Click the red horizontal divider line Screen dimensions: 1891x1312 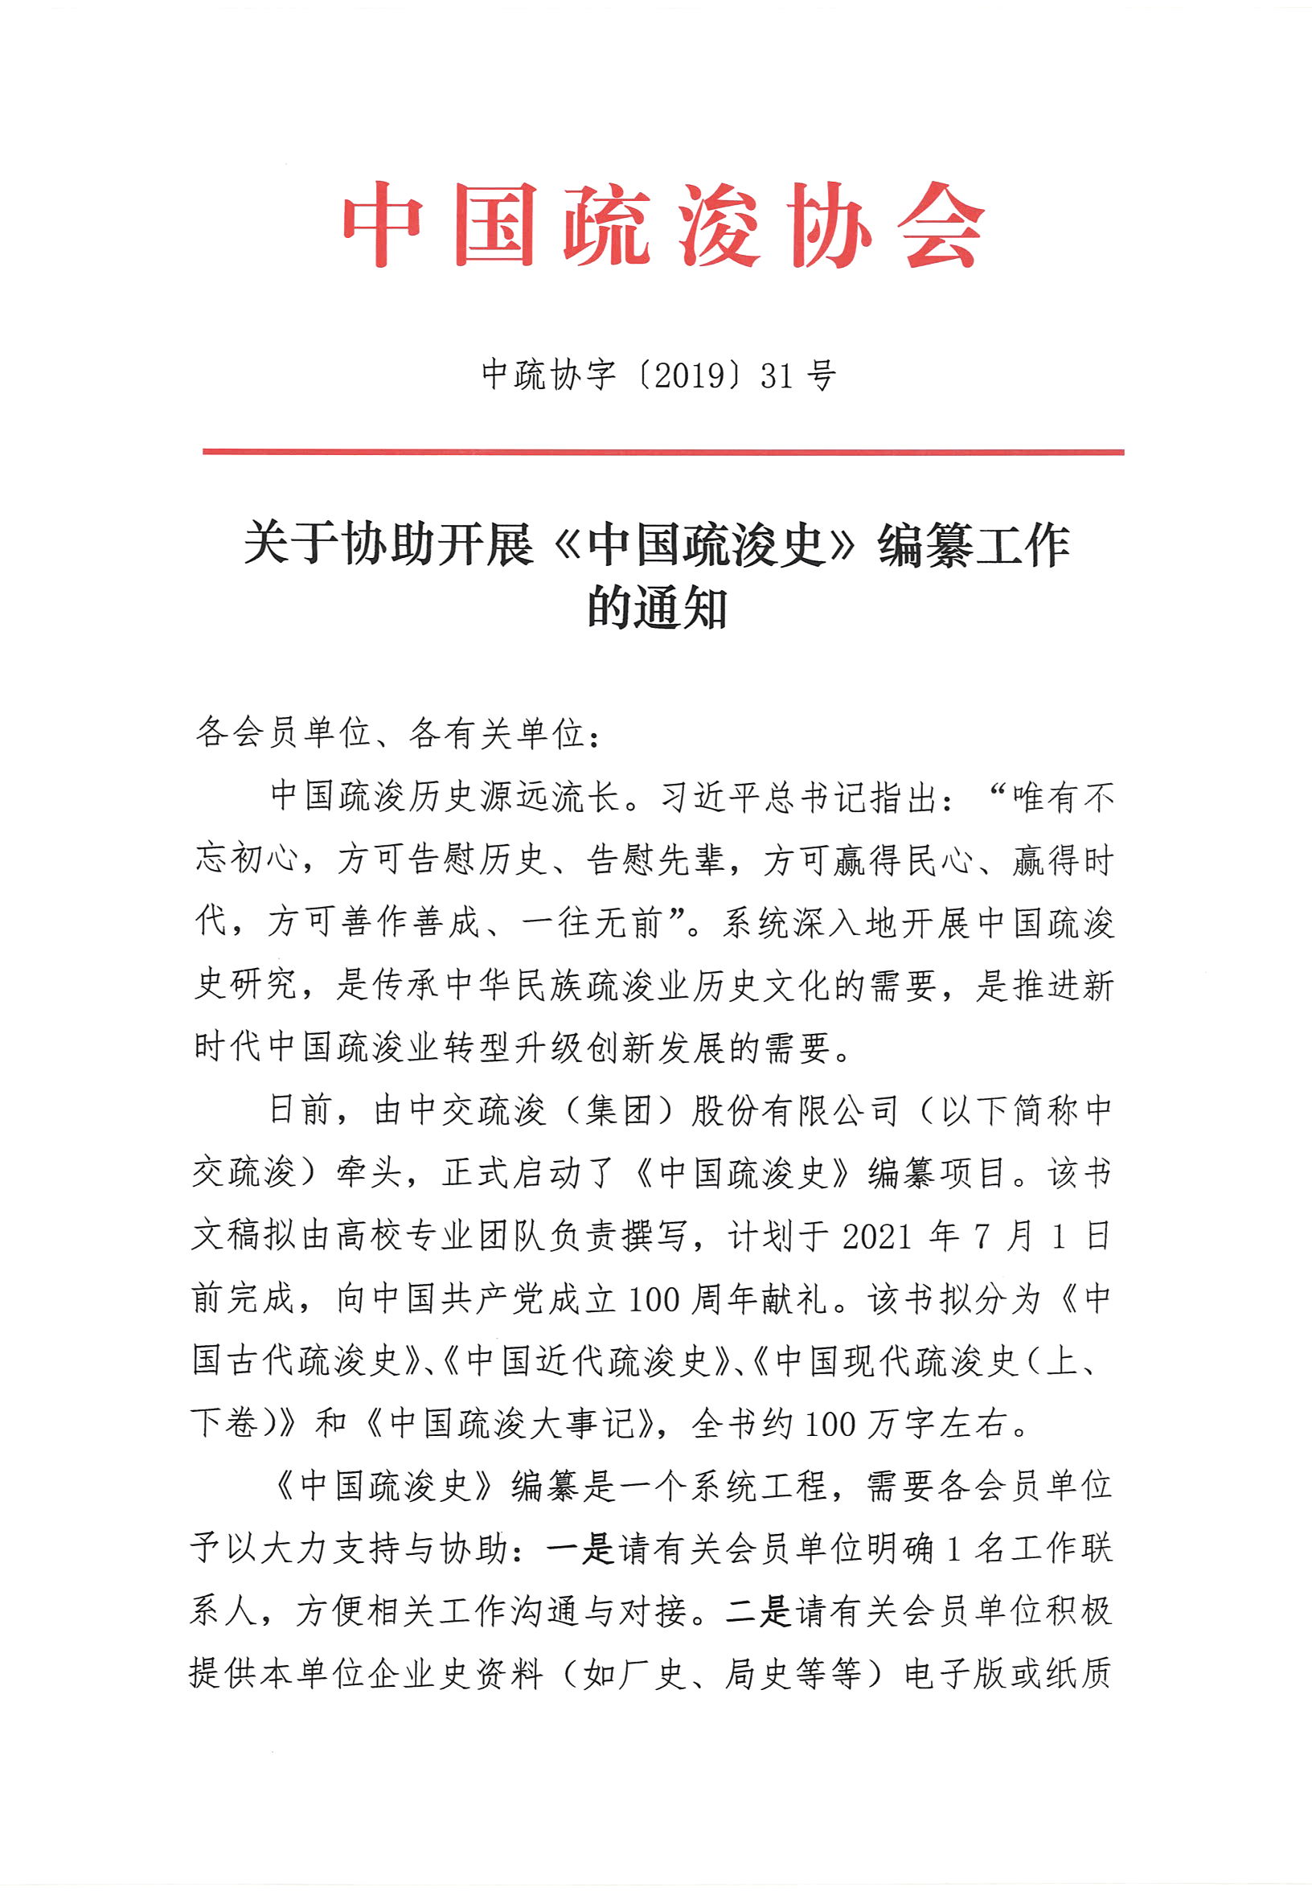pyautogui.click(x=662, y=451)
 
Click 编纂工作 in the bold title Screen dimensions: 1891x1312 pyautogui.click(x=974, y=544)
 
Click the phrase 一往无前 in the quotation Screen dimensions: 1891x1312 pyautogui.click(x=592, y=921)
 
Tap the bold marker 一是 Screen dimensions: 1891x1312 pyautogui.click(x=580, y=1550)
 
